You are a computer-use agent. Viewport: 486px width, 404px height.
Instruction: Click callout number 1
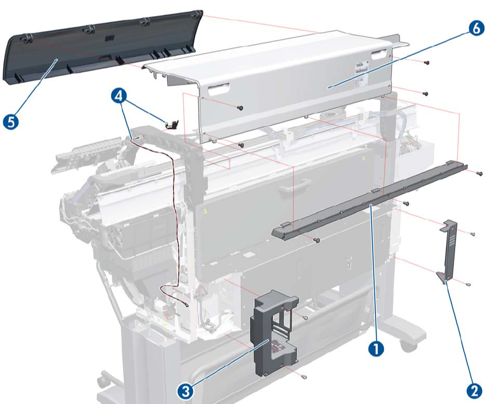376,349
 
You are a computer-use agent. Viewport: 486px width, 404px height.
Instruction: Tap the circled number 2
474,391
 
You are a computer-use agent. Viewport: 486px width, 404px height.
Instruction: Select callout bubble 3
185,391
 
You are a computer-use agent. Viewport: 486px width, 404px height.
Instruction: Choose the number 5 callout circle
11,122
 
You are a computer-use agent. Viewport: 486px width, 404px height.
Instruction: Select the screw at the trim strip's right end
479,173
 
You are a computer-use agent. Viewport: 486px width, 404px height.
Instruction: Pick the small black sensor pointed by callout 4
170,125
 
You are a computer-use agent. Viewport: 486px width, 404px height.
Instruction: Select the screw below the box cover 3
304,376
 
